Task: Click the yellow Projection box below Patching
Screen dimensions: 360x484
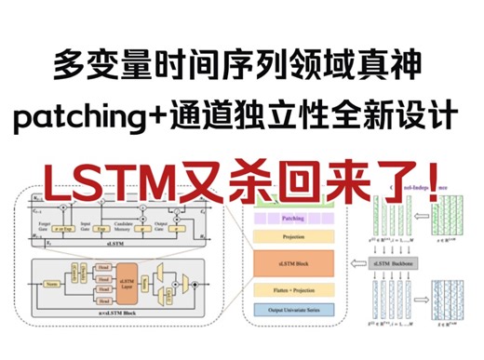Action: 293,235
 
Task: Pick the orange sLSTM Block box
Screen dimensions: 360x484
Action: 293,262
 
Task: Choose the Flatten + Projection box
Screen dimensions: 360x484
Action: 293,291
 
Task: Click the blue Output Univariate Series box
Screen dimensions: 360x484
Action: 293,310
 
